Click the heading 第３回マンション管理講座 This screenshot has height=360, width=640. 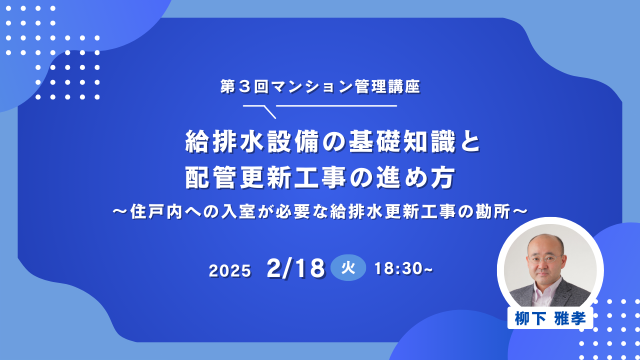point(320,86)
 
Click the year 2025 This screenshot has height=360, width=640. point(230,270)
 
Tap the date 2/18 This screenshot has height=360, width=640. point(296,268)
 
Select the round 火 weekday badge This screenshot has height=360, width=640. point(348,267)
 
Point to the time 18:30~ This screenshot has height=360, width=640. point(403,268)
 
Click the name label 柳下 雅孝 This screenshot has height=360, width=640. point(550,318)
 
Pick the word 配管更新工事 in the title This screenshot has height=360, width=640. point(265,177)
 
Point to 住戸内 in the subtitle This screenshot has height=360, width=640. point(156,211)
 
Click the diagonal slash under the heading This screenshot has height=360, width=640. point(269,112)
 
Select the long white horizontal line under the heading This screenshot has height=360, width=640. point(336,105)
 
